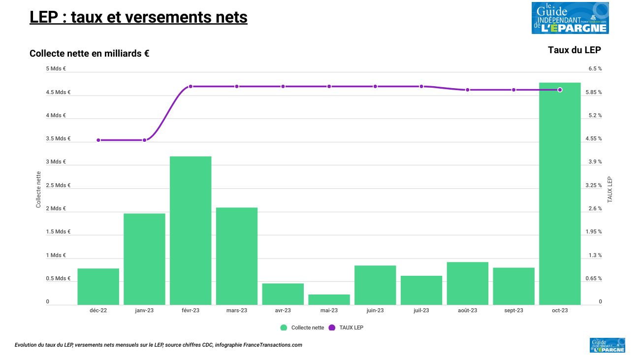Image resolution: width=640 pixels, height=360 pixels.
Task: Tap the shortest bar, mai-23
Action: [x=329, y=299]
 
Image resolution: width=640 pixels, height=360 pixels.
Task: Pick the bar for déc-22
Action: [x=98, y=287]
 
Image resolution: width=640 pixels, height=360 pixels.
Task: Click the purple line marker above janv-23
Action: [x=144, y=140]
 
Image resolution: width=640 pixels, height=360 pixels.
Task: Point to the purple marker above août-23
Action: [x=468, y=90]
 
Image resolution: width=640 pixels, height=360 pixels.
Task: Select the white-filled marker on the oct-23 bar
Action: [x=560, y=90]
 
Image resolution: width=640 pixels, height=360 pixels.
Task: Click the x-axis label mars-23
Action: [x=237, y=311]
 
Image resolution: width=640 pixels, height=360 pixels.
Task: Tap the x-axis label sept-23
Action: [x=513, y=311]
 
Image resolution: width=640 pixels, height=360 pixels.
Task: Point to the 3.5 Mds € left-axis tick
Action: [x=59, y=139]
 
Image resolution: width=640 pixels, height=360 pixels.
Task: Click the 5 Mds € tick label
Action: [x=56, y=69]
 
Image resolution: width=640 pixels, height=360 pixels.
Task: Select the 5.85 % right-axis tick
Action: [x=593, y=93]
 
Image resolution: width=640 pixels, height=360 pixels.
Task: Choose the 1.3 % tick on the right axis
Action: [x=595, y=256]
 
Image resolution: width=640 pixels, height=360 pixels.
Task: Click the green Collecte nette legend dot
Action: [x=284, y=328]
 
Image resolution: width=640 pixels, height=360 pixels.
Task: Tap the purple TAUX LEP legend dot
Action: [x=331, y=328]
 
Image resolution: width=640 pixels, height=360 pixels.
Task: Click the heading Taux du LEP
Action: [x=574, y=50]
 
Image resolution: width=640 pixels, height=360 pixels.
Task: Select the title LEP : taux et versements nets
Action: [x=138, y=17]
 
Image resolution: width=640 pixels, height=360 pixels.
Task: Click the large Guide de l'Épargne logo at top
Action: [x=570, y=18]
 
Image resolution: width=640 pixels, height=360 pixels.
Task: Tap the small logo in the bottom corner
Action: [x=607, y=345]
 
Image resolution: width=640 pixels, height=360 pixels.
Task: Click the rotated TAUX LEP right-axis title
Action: [x=610, y=190]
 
